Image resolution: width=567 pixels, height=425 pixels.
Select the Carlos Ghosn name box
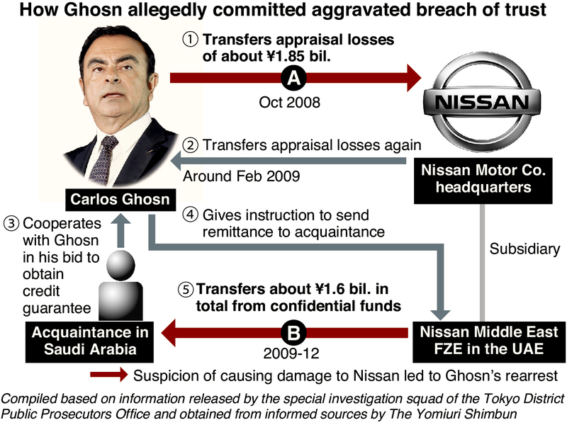[x=120, y=200]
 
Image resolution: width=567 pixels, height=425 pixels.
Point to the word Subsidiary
[x=524, y=249]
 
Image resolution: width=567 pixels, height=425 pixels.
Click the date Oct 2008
[x=291, y=102]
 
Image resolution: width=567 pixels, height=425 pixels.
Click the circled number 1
[x=191, y=40]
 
